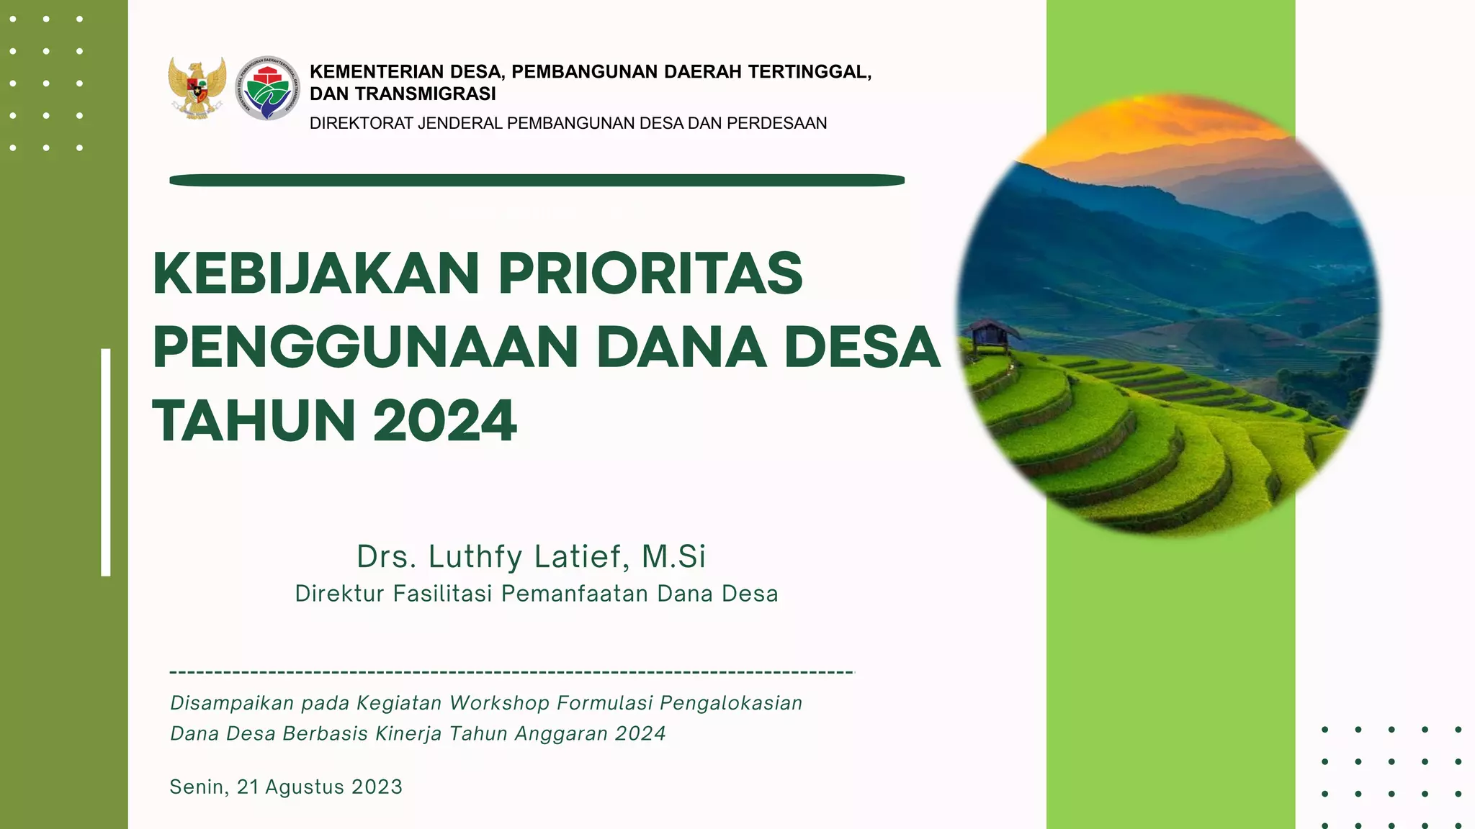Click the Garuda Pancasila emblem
[197, 88]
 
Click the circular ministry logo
[267, 89]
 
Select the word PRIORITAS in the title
[650, 274]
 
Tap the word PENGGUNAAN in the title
[365, 348]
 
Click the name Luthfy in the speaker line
[475, 557]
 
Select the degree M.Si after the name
[673, 557]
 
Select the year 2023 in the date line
[377, 787]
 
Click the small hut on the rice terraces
[992, 335]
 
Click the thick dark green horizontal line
[537, 181]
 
